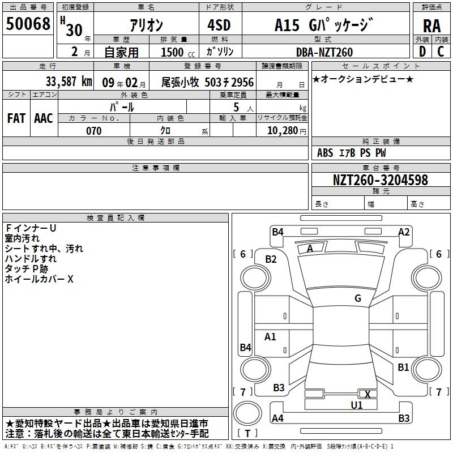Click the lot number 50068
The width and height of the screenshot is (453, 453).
[28, 24]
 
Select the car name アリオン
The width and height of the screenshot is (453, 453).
[147, 25]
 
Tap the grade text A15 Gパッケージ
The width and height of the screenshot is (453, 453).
[324, 25]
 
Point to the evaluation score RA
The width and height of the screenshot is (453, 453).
[431, 26]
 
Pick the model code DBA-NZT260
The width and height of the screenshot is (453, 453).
[324, 52]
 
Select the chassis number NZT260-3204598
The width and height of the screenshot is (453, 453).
[380, 180]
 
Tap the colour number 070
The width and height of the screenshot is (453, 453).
[93, 131]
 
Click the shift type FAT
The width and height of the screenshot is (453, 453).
[16, 118]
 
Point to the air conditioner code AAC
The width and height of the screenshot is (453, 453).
[43, 118]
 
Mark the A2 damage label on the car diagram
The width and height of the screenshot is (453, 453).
[404, 232]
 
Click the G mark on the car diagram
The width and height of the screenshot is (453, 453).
[358, 298]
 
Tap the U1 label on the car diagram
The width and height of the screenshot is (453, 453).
[357, 405]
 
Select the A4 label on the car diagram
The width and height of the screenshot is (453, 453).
[277, 418]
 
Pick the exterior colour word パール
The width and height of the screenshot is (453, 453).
[122, 106]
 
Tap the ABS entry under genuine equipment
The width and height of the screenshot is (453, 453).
[325, 153]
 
